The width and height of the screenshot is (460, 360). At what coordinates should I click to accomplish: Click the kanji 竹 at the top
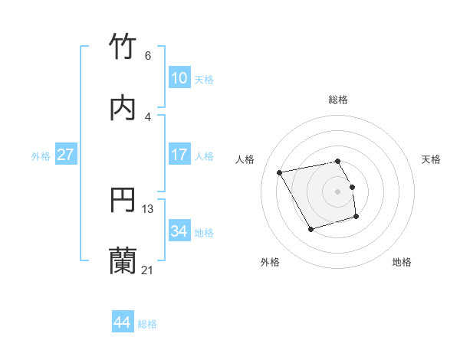click(x=123, y=47)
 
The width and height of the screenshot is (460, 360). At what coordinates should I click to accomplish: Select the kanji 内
click(x=123, y=109)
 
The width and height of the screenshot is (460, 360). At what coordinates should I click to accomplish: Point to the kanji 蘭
click(x=123, y=261)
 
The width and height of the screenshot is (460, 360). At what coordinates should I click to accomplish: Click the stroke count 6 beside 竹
click(x=147, y=56)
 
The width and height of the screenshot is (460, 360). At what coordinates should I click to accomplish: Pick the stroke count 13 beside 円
click(x=148, y=208)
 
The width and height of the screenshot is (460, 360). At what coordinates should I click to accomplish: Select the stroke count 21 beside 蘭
click(x=148, y=270)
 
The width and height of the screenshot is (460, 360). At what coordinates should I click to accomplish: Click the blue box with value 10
click(x=179, y=78)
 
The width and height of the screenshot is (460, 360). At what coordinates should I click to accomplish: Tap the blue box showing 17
click(x=179, y=155)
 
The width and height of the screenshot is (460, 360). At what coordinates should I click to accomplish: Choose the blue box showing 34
click(x=179, y=231)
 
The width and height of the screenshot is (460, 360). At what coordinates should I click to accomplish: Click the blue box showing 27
click(x=65, y=155)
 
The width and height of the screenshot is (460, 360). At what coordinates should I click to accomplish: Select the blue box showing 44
click(x=122, y=322)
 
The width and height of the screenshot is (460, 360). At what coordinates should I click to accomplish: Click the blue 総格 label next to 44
click(x=147, y=324)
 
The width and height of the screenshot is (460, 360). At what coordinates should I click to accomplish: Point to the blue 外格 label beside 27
click(x=41, y=156)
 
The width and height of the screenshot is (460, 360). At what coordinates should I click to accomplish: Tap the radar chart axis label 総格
click(x=338, y=100)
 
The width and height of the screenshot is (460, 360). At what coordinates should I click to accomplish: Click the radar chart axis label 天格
click(x=432, y=159)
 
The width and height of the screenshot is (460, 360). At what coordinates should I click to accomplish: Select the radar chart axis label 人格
click(x=245, y=159)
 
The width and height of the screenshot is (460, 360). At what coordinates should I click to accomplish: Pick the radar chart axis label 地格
click(x=402, y=262)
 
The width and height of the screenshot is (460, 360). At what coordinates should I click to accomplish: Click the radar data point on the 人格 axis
click(x=280, y=172)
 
